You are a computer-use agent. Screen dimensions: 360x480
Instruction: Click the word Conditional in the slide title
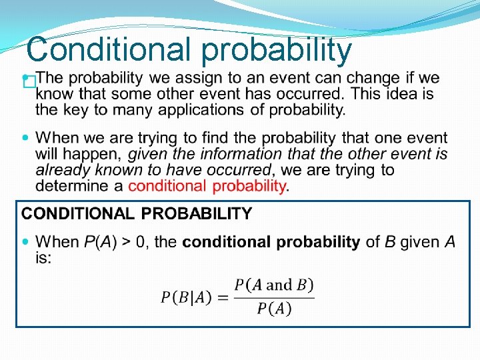(x=107, y=49)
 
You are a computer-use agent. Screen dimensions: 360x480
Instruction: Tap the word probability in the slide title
(x=276, y=51)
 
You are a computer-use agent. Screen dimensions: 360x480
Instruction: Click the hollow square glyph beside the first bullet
(x=28, y=83)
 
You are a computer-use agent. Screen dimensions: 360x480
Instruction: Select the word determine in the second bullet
(x=69, y=186)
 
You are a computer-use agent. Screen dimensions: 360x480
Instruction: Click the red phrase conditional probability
(x=207, y=186)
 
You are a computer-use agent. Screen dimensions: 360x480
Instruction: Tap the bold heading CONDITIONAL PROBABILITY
(x=137, y=214)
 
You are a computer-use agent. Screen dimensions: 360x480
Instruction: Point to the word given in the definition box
(x=419, y=242)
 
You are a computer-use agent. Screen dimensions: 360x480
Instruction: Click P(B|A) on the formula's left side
(x=187, y=297)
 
